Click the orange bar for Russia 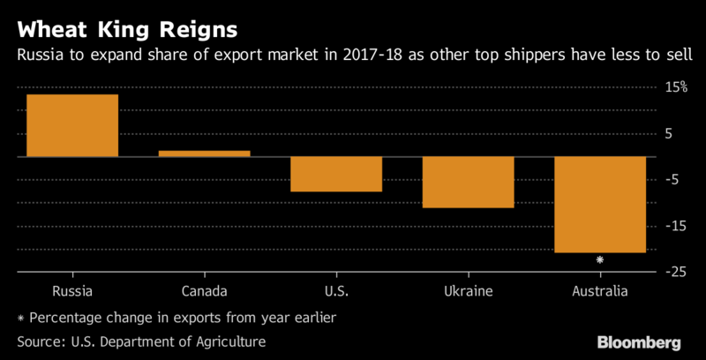72,125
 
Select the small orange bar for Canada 205,154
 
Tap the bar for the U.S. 336,174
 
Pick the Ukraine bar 468,182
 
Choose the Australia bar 599,204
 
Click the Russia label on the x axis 72,290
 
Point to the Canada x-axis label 205,290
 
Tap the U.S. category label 336,290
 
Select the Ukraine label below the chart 468,290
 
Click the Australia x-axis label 599,290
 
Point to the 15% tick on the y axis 675,87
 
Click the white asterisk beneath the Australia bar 600,259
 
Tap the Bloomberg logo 641,341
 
